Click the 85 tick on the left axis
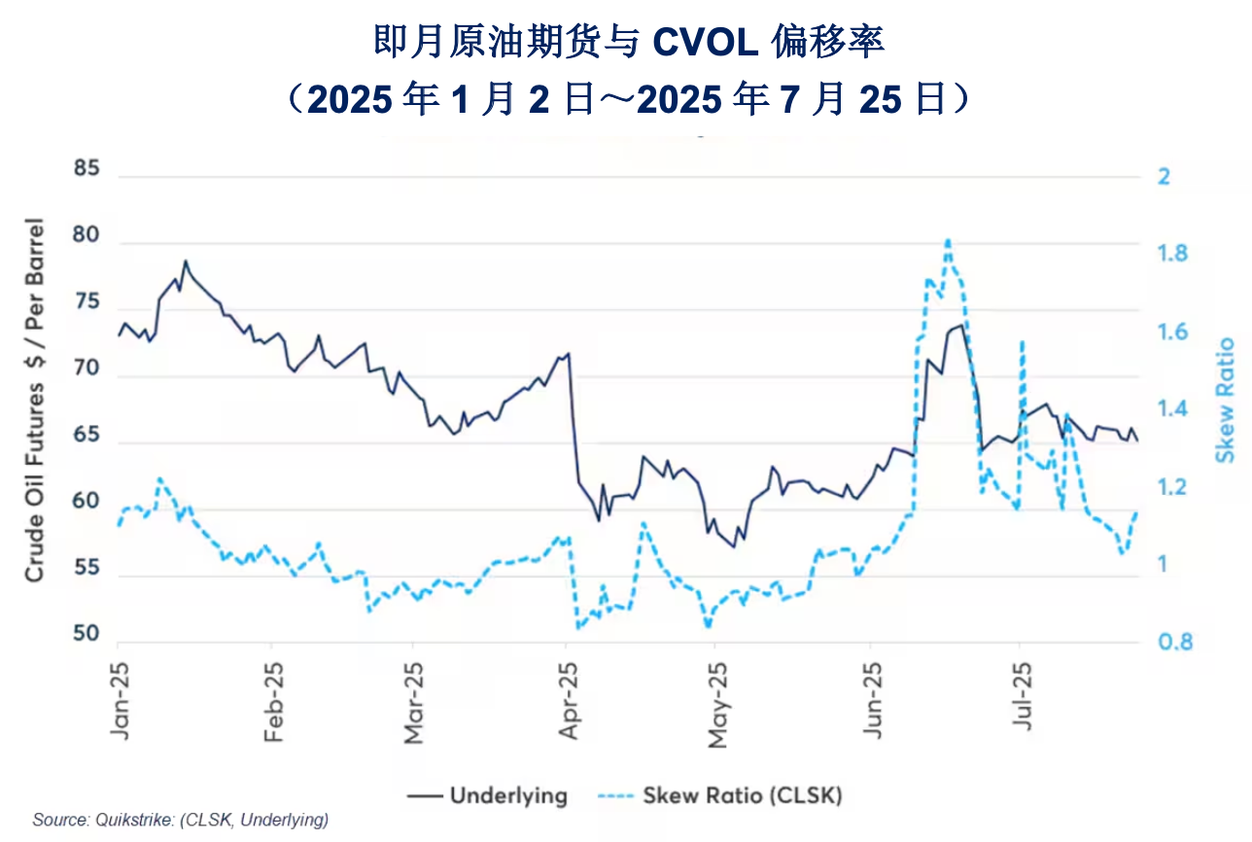pos(87,169)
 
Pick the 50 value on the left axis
pos(87,634)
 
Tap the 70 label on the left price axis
pos(87,369)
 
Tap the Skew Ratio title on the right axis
pos(1227,400)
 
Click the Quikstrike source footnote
pos(181,820)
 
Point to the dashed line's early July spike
pos(1022,342)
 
